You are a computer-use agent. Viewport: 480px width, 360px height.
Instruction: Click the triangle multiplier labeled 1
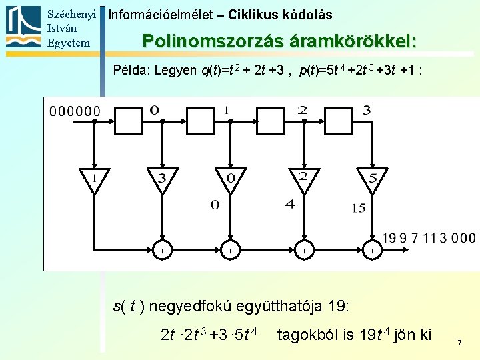coord(93,179)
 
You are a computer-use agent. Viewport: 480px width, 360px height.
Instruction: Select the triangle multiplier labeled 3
coord(161,179)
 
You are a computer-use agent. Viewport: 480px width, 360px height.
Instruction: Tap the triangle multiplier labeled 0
coord(230,179)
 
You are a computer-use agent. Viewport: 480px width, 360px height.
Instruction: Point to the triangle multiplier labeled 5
coord(372,179)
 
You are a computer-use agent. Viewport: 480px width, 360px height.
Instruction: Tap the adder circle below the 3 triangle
coord(162,251)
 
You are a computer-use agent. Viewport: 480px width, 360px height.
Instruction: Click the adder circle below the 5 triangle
coord(373,251)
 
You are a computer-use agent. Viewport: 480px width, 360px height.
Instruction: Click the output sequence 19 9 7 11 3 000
coord(429,238)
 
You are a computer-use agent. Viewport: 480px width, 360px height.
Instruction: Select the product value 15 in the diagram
coord(359,208)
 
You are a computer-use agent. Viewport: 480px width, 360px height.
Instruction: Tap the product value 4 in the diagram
coord(290,204)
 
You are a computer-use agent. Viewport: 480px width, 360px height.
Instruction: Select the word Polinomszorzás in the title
coord(214,41)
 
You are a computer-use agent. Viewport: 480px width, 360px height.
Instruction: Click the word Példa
coord(131,70)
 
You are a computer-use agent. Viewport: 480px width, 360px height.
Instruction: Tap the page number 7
coord(459,343)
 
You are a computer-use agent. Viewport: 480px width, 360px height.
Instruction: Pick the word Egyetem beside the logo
coord(69,43)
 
